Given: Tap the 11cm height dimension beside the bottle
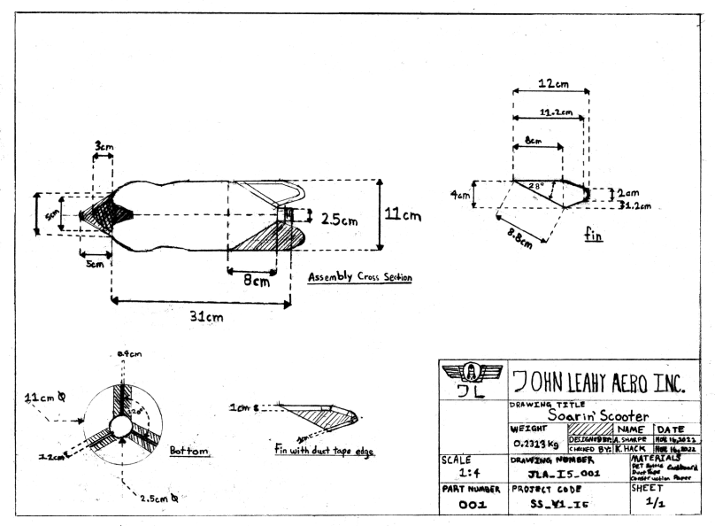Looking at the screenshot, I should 403,215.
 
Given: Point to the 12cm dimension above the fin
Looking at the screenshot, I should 554,83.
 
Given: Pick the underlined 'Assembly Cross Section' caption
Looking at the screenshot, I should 359,277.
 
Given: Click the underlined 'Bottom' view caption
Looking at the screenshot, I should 189,451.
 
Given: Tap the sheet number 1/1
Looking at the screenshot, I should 659,500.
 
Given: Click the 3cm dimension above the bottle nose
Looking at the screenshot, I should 104,145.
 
